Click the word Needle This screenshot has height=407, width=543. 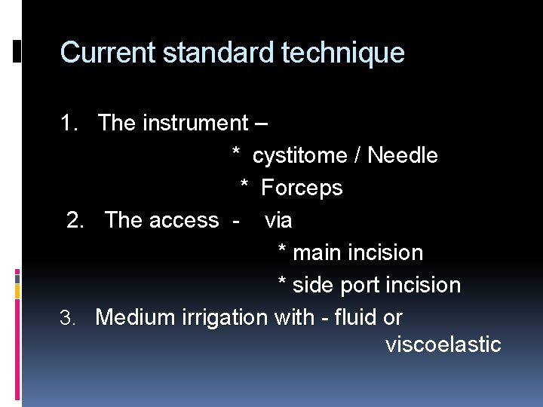[x=403, y=156]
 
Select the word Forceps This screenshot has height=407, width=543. [x=302, y=188]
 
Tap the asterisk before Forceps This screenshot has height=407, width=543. [x=244, y=187]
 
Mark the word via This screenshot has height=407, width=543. [x=278, y=221]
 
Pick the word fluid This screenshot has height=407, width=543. [x=353, y=318]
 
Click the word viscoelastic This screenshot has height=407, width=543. [x=443, y=344]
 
